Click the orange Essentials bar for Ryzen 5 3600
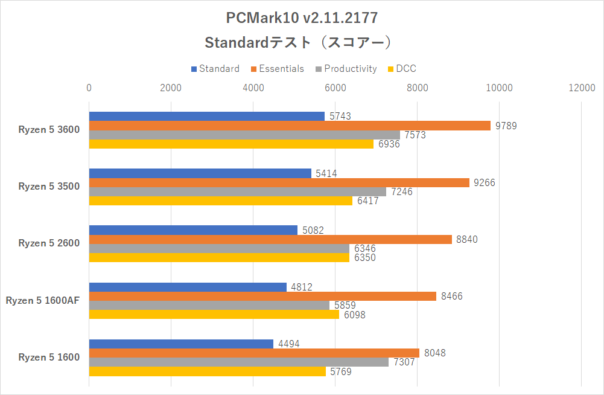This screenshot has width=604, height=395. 290,126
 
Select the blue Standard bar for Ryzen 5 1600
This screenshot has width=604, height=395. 181,344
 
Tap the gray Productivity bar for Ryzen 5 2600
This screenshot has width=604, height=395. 219,248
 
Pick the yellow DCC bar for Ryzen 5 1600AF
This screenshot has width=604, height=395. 214,315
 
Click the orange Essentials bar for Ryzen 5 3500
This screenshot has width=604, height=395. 279,182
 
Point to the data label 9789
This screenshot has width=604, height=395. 506,126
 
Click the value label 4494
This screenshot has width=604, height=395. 288,344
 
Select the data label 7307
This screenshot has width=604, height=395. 404,362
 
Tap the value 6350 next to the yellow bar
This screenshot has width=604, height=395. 364,258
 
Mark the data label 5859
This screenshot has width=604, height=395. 345,306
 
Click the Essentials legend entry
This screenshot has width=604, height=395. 278,69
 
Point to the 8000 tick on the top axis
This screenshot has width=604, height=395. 417,88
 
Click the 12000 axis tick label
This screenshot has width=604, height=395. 581,88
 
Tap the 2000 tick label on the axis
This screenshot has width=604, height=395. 171,88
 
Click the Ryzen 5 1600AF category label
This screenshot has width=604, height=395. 43,300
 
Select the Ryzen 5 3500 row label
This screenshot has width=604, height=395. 49,187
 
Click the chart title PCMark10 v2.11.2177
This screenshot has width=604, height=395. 302,18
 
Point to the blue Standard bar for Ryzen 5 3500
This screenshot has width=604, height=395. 200,173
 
